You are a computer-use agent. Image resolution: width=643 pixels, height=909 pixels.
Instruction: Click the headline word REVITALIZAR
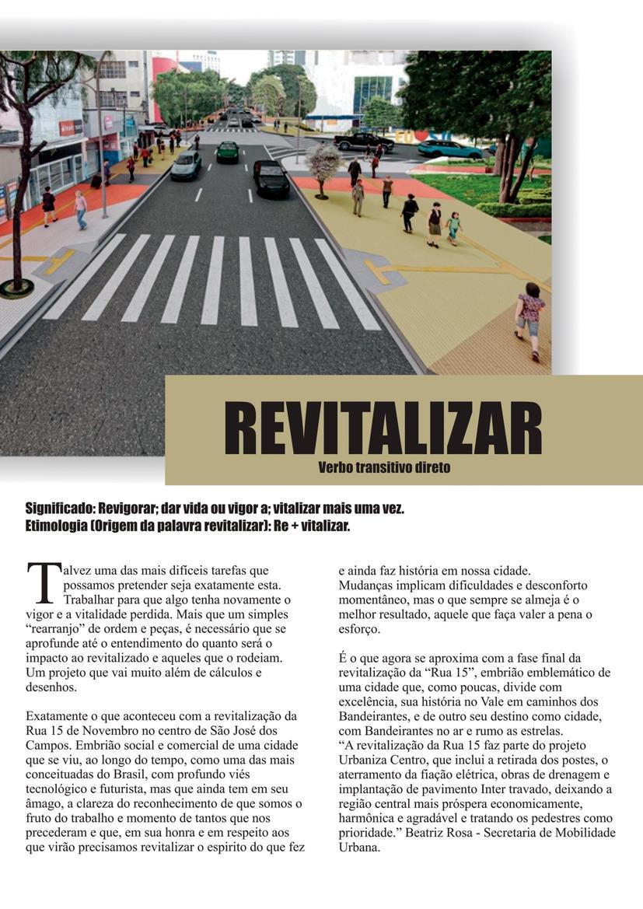click(x=383, y=428)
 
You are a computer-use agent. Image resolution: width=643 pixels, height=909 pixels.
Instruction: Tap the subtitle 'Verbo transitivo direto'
click(x=384, y=467)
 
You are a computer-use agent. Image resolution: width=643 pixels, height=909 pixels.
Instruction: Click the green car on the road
click(x=228, y=152)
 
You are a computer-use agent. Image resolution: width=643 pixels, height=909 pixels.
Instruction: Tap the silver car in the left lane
click(x=187, y=166)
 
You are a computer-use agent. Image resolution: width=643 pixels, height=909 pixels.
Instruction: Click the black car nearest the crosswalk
click(x=271, y=178)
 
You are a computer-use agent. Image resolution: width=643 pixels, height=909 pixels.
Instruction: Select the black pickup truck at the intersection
click(x=363, y=142)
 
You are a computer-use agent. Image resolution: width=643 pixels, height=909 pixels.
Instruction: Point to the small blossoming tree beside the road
click(x=323, y=162)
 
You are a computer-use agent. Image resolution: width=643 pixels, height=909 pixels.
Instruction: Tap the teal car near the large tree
click(x=449, y=149)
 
